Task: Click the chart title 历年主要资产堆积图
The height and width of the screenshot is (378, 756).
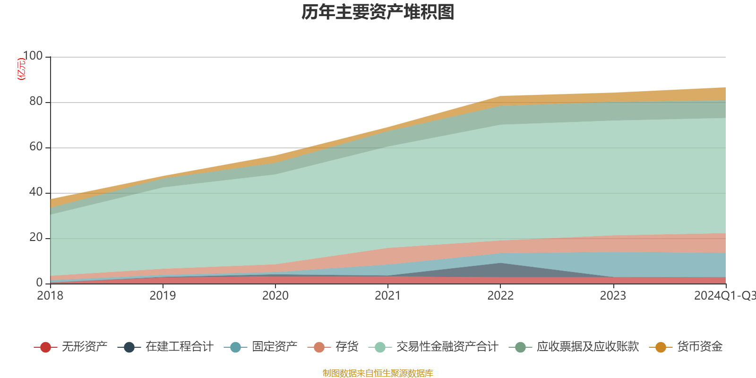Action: (378, 12)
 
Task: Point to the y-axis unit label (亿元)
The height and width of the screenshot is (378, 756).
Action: (21, 69)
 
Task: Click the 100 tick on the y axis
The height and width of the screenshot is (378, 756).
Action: (33, 56)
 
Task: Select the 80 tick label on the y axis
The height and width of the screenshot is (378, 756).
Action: (35, 102)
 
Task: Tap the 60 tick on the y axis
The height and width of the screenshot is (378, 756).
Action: (35, 147)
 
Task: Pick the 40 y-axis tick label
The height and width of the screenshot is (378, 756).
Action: (35, 192)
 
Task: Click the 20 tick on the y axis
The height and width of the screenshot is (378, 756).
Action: (35, 238)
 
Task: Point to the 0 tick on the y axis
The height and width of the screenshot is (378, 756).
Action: (39, 283)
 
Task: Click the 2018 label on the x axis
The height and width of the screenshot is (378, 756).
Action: (50, 296)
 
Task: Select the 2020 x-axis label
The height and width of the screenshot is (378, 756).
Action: (275, 296)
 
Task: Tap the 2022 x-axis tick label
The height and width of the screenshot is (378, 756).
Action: (500, 296)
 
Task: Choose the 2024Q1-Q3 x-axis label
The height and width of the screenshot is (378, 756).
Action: (724, 296)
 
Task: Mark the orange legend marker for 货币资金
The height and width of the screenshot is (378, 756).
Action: (661, 347)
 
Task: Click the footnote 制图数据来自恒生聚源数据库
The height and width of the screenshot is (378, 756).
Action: (378, 373)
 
